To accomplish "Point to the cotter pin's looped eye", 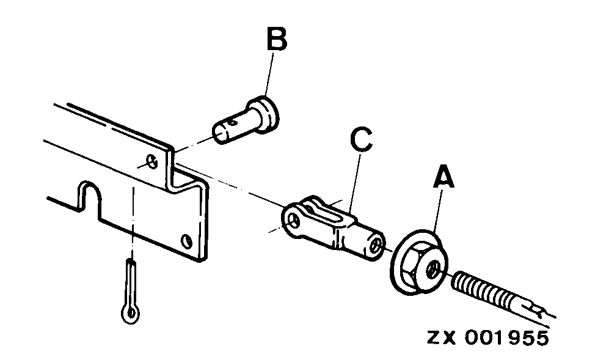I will click(x=130, y=313).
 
